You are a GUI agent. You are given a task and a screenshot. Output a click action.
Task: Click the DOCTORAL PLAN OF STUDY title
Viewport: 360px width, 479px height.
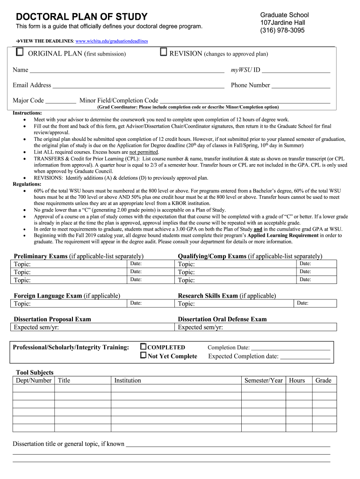(x=82, y=17)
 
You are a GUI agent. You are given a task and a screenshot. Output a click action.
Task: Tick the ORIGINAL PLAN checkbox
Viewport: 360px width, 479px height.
(x=20, y=52)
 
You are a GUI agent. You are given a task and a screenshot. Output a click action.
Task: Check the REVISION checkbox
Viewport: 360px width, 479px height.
(x=164, y=52)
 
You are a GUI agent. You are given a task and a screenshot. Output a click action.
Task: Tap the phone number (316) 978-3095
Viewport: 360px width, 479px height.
(x=282, y=30)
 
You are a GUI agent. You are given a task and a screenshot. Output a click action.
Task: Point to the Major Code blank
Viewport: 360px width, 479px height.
(x=61, y=101)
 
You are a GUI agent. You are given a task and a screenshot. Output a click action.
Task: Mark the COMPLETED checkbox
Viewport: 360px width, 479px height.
(x=144, y=347)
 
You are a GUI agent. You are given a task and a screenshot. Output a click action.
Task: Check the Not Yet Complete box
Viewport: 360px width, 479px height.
(x=144, y=356)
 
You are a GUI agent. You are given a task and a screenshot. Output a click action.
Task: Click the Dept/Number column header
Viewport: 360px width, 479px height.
(x=34, y=380)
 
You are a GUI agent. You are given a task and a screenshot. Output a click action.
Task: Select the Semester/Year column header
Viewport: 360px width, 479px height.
(x=263, y=380)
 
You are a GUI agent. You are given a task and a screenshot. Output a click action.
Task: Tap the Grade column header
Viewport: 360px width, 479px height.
(x=323, y=380)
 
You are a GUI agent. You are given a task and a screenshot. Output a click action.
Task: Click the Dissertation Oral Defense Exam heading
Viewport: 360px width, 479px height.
(x=222, y=319)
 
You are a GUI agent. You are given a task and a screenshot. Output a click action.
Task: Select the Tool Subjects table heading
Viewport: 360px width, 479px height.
(x=35, y=372)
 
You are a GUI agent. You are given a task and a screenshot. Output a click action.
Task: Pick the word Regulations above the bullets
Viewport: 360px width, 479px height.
(x=27, y=184)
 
